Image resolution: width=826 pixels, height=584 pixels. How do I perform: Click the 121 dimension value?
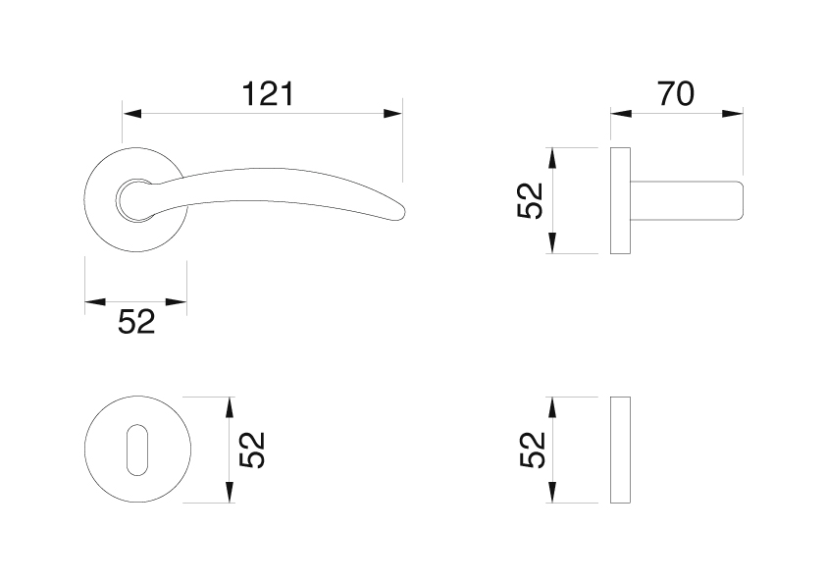click(x=268, y=94)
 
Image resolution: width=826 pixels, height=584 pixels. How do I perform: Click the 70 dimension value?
click(x=676, y=94)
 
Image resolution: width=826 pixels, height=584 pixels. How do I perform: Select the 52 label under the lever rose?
click(x=136, y=322)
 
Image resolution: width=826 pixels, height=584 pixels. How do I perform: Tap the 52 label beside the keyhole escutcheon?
click(x=252, y=450)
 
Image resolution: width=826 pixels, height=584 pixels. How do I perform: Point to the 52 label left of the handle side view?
click(x=530, y=200)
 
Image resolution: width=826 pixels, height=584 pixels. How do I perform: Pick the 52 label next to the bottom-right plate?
click(x=532, y=450)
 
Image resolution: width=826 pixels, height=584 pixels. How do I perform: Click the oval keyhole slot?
click(x=137, y=450)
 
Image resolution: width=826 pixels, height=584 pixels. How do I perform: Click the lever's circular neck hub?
click(x=136, y=200)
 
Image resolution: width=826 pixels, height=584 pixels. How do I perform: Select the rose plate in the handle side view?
click(x=621, y=200)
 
